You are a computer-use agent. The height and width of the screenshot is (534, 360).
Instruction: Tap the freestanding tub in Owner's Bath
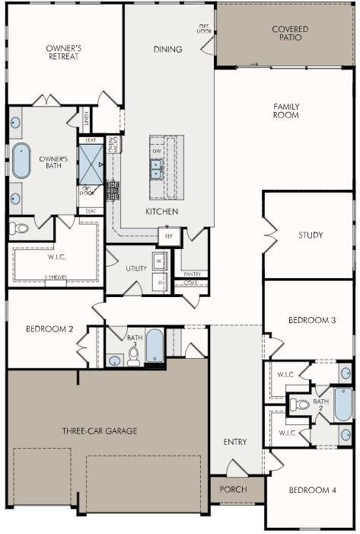(21, 161)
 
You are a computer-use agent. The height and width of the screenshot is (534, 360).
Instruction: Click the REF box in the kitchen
(169, 236)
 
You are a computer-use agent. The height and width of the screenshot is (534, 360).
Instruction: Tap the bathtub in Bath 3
(155, 345)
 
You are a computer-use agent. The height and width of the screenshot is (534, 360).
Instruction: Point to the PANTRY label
(191, 273)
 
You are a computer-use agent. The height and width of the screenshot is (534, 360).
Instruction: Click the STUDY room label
(311, 235)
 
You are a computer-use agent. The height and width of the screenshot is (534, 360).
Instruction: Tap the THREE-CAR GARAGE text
(100, 430)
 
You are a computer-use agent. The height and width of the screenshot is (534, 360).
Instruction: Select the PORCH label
(233, 489)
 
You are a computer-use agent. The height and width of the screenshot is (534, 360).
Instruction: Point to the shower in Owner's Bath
(91, 165)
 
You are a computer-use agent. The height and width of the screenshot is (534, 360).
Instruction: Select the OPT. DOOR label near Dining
(205, 29)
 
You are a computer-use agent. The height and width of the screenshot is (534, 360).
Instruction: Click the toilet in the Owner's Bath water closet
(21, 228)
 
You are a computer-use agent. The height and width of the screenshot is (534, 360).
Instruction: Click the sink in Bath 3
(115, 360)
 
